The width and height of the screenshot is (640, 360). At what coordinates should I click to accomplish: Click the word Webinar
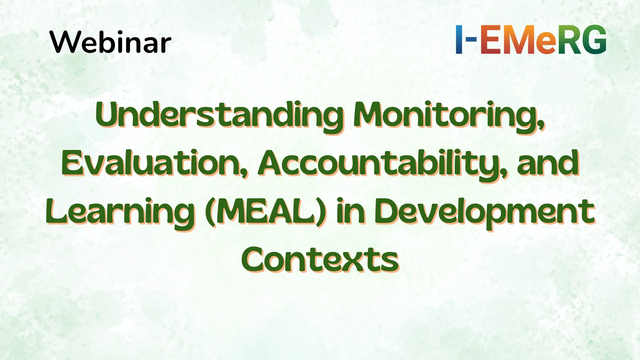pyautogui.click(x=110, y=42)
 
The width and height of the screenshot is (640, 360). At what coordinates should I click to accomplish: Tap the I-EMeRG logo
pyautogui.click(x=531, y=39)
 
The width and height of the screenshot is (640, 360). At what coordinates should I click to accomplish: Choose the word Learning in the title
pyautogui.click(x=120, y=212)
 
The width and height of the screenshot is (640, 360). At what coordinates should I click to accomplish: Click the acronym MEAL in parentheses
pyautogui.click(x=265, y=211)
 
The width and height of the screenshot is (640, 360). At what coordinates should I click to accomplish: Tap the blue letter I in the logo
pyautogui.click(x=459, y=39)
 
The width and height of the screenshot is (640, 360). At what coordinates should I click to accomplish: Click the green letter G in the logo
pyautogui.click(x=594, y=39)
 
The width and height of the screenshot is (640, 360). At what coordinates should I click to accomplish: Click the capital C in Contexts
pyautogui.click(x=255, y=260)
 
